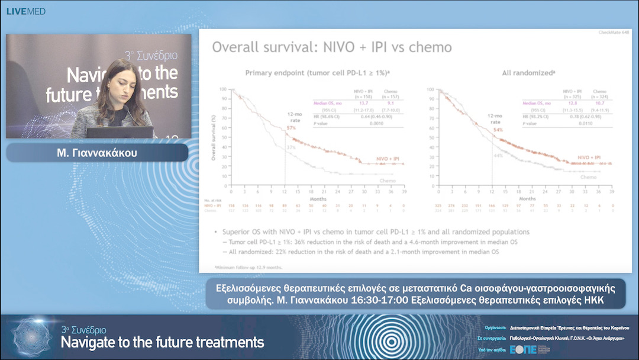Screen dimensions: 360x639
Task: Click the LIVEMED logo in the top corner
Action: pyautogui.click(x=26, y=11)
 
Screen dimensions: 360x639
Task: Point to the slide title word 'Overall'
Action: pyautogui.click(x=237, y=47)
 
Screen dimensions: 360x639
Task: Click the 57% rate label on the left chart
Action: pyautogui.click(x=291, y=127)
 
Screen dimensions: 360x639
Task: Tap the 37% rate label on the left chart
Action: pyautogui.click(x=291, y=146)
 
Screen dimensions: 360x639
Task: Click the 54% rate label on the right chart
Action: pyautogui.click(x=498, y=130)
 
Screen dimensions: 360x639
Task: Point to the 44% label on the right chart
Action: pyautogui.click(x=498, y=155)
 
